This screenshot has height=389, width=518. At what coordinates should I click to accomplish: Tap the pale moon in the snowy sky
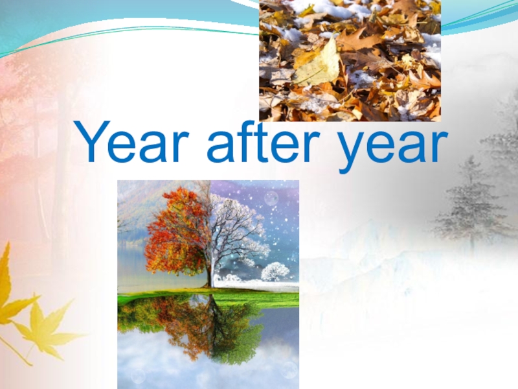(x=271, y=198)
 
